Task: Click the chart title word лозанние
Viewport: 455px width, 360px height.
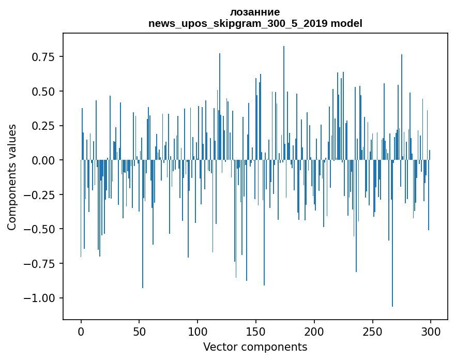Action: (255, 12)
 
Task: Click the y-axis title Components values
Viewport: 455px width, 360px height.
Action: (11, 177)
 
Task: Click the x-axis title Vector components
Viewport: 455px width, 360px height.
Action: (255, 347)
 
